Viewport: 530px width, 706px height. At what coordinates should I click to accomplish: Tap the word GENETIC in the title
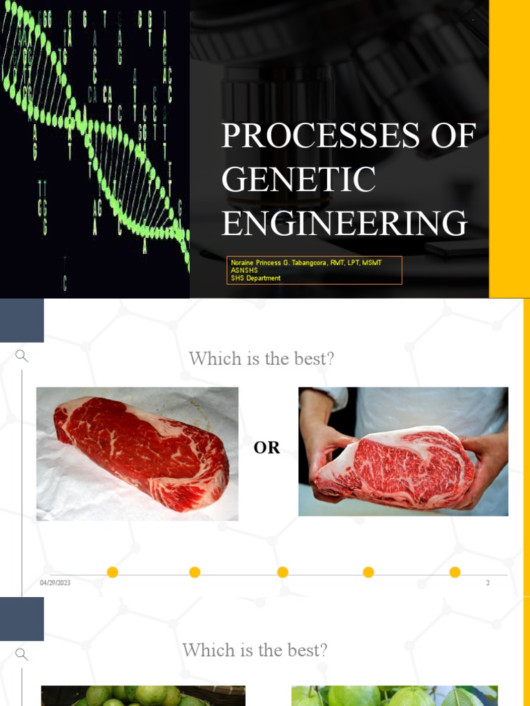tap(299, 180)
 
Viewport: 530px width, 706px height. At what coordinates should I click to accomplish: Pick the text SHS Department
tap(256, 278)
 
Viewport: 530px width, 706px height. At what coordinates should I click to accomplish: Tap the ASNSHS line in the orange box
tap(244, 270)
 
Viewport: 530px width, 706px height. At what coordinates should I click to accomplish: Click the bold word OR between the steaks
tap(267, 447)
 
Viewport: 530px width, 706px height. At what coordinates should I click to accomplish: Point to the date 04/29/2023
tap(55, 583)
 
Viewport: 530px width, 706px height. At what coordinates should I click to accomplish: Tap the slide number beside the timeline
tap(487, 583)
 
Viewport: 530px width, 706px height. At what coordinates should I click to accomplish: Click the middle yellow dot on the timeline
tap(282, 572)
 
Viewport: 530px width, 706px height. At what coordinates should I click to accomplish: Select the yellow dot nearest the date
tap(112, 572)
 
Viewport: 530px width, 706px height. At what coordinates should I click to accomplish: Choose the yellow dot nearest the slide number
tap(455, 572)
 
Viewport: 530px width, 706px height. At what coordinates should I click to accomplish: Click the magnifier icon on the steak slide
tap(22, 356)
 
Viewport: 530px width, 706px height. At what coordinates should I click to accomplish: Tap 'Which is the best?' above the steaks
tap(262, 359)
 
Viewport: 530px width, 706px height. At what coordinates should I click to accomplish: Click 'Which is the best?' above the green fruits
tap(255, 650)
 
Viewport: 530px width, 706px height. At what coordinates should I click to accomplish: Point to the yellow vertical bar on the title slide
tap(509, 148)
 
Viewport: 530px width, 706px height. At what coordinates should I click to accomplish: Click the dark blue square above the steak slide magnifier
tap(22, 321)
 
